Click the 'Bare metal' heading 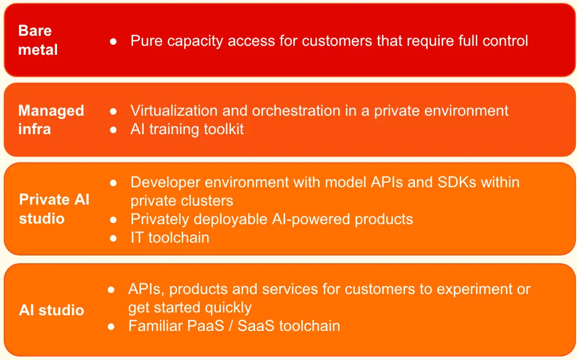(x=38, y=40)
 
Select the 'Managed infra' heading (x=51, y=120)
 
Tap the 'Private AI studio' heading (x=54, y=209)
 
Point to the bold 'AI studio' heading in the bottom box (x=51, y=310)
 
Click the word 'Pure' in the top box (x=146, y=40)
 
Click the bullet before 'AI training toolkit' (x=113, y=130)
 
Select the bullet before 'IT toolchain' (x=113, y=238)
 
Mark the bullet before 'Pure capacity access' (x=113, y=41)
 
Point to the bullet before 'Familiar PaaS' (x=111, y=326)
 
